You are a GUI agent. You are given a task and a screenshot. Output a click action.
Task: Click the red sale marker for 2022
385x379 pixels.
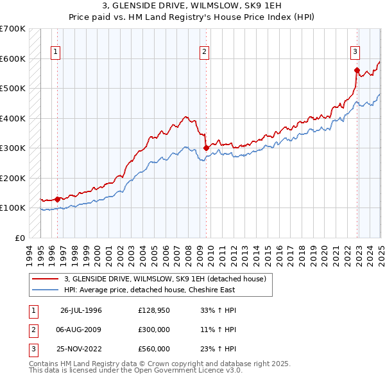[x=357, y=70]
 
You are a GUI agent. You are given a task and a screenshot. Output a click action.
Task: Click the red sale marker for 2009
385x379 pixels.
[x=206, y=148]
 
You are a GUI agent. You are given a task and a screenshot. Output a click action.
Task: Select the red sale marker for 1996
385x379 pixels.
[x=57, y=199]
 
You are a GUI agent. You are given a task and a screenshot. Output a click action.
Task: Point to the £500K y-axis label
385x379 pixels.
[x=13, y=88]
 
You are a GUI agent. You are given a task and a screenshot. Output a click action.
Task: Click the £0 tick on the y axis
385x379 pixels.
[x=21, y=238]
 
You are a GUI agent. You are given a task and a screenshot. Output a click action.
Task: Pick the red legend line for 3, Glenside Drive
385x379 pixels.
[x=46, y=279]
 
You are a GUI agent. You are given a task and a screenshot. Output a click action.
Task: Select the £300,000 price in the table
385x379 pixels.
[x=154, y=330]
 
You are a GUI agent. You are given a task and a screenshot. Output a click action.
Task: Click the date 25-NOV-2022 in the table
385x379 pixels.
[x=81, y=349]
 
